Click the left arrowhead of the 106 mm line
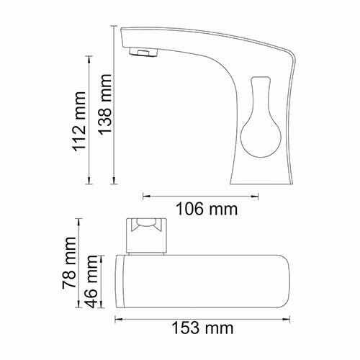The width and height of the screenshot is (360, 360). (x=146, y=194)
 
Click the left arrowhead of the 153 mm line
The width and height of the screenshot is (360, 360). (x=117, y=314)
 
